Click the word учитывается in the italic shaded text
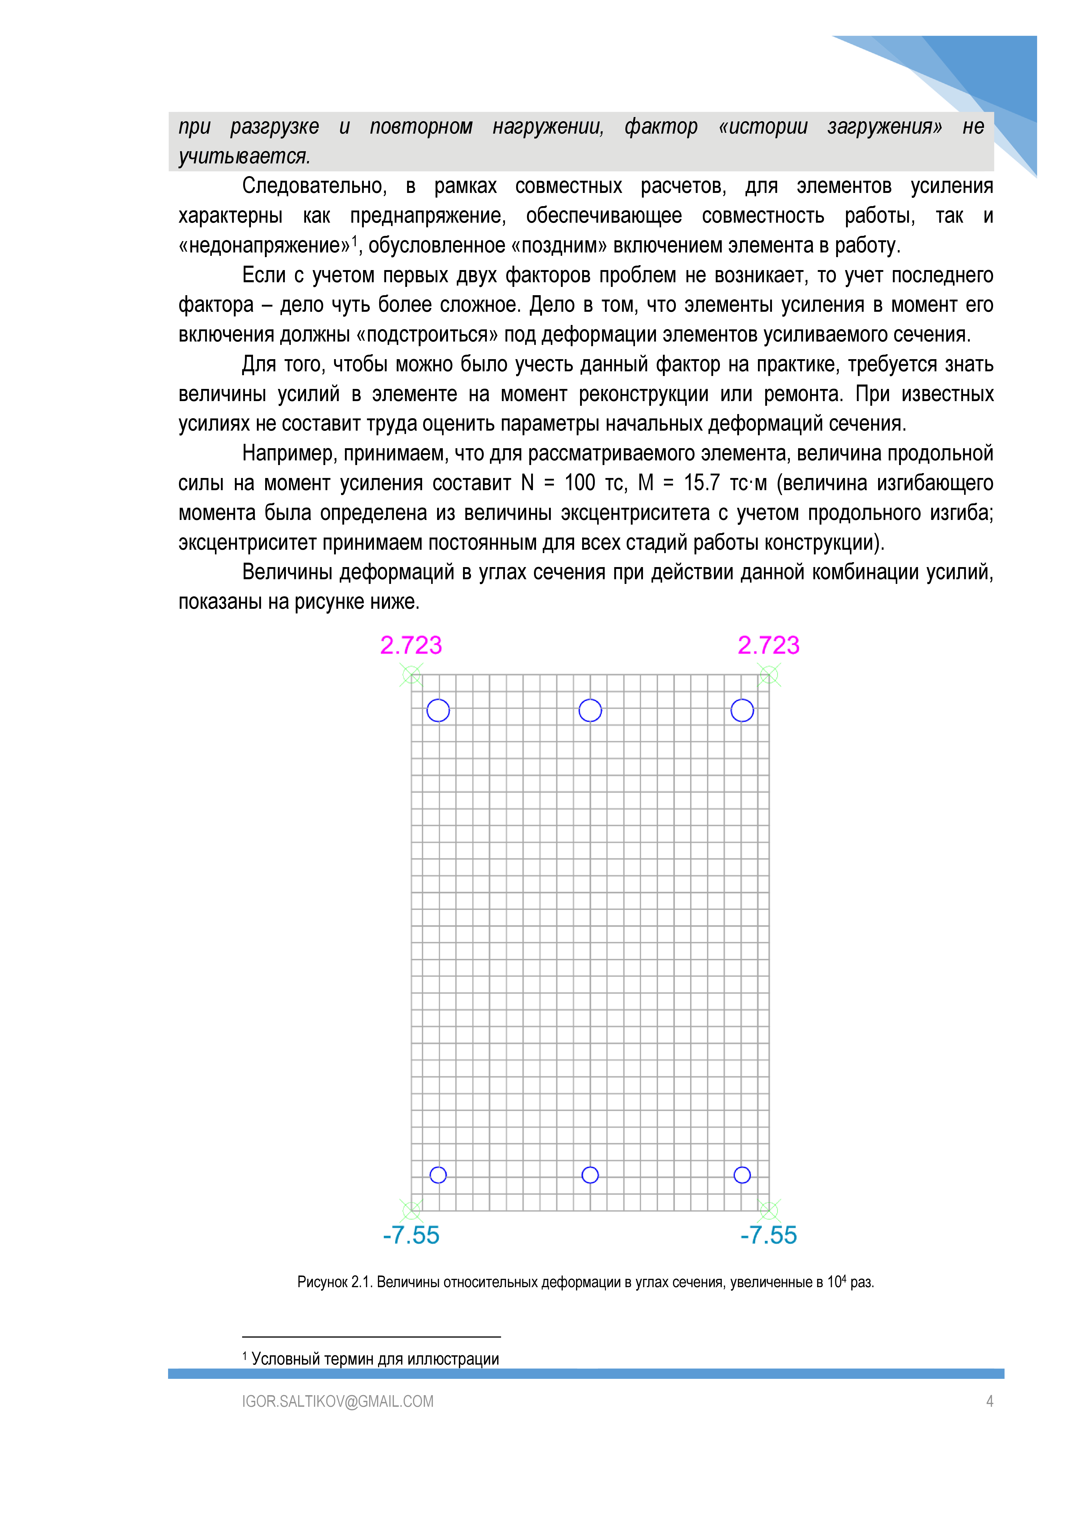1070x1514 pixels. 244,156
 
